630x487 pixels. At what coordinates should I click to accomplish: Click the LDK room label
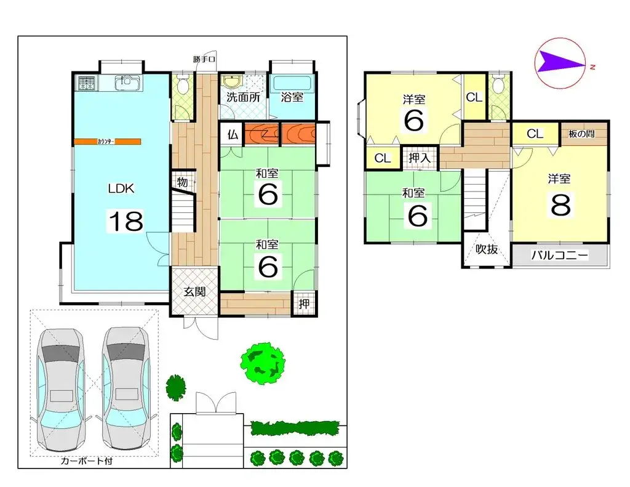point(121,189)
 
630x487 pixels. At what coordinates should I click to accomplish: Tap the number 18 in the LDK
point(126,220)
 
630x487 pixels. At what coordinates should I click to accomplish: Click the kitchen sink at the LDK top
point(125,82)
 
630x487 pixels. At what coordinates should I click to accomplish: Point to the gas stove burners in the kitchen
point(86,83)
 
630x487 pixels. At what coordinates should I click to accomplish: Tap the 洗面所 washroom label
point(243,97)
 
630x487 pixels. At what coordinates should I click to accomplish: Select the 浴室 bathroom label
point(292,97)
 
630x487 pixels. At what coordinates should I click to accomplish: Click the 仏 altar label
point(233,135)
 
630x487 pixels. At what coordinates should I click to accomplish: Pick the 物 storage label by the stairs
point(182,182)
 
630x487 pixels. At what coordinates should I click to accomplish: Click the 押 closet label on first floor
point(304,304)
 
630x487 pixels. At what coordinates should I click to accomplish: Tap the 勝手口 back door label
point(204,60)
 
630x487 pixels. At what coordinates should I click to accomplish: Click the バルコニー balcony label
point(559,255)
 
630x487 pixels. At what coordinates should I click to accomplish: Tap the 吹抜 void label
point(486,249)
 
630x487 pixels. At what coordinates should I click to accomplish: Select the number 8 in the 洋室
point(560,205)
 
